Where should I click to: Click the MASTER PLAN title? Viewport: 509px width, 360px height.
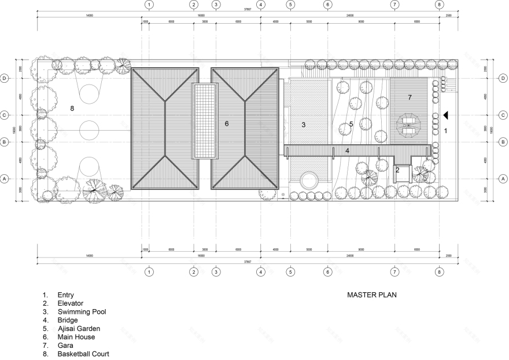(371, 295)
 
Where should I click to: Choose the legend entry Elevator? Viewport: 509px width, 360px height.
(71, 303)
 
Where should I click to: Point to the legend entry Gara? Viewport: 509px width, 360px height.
(65, 345)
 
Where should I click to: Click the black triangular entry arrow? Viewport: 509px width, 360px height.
(445, 116)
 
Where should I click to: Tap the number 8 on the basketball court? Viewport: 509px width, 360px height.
(72, 108)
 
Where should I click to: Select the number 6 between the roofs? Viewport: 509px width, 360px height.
(227, 123)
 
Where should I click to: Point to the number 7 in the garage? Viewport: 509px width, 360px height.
(409, 97)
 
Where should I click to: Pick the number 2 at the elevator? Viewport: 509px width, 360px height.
(397, 170)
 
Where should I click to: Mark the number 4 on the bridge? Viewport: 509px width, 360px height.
(347, 150)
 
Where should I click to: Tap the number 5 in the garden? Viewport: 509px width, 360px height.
(351, 124)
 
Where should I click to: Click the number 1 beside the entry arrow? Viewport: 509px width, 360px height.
(445, 131)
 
